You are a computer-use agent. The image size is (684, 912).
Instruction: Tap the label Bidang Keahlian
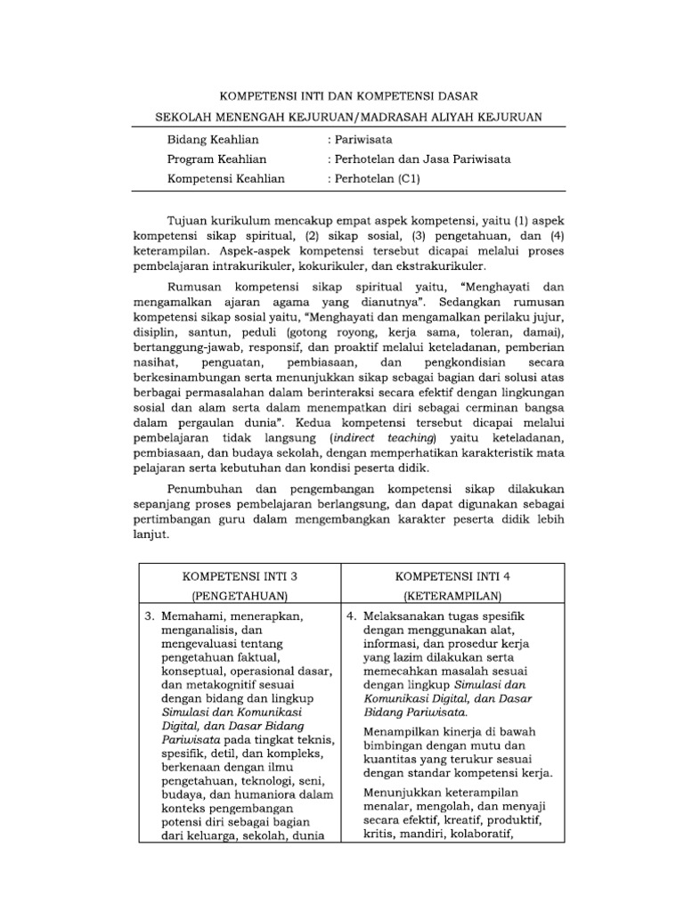click(x=213, y=140)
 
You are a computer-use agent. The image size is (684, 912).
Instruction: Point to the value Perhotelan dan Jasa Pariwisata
click(x=419, y=159)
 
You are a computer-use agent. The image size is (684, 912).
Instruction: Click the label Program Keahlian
click(x=216, y=159)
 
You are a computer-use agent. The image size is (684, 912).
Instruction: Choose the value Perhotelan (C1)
click(x=375, y=179)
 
